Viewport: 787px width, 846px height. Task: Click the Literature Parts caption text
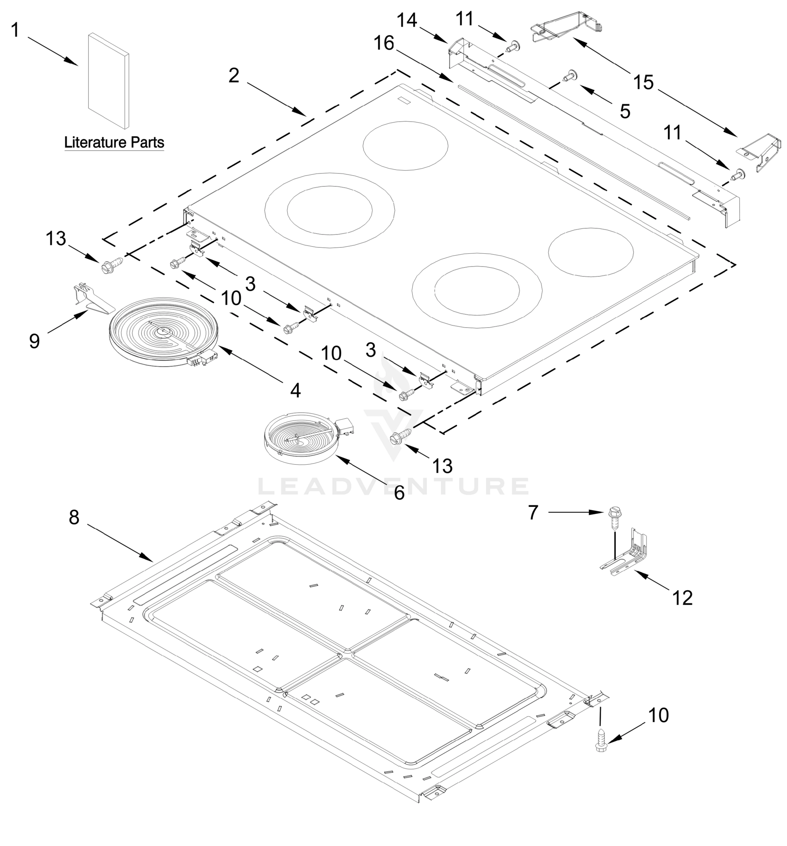click(x=114, y=142)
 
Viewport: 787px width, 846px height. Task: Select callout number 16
click(x=384, y=43)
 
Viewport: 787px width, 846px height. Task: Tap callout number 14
click(x=407, y=20)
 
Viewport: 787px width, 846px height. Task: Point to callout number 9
click(x=35, y=341)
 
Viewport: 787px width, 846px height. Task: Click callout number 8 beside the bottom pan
click(x=74, y=517)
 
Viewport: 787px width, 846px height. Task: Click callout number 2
click(x=234, y=76)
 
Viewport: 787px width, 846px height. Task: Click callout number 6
click(x=399, y=493)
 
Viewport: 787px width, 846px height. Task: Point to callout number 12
click(x=683, y=598)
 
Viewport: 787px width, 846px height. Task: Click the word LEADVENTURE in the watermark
click(x=394, y=486)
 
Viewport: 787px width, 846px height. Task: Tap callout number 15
click(x=643, y=82)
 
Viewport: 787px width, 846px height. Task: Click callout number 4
click(x=296, y=390)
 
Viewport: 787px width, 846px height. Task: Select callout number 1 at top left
click(x=15, y=30)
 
